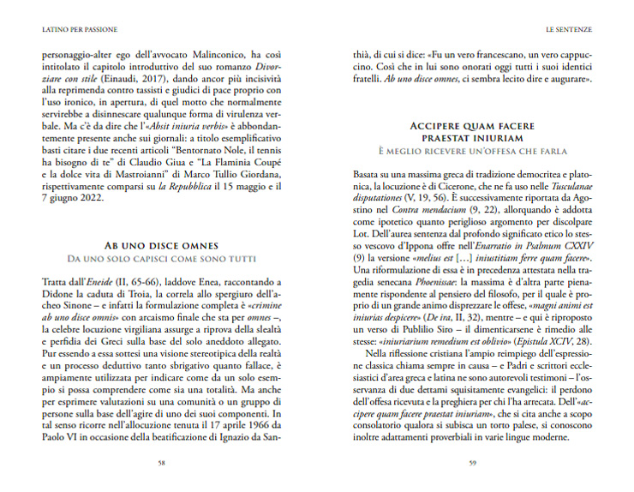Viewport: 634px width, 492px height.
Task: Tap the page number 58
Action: point(162,464)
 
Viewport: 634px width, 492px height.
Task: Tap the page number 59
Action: point(472,464)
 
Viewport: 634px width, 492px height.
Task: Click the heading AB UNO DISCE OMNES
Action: point(162,244)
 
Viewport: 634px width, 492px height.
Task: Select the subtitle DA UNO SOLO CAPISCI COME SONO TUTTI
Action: point(162,258)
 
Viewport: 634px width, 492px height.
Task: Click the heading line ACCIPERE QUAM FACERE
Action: point(472,125)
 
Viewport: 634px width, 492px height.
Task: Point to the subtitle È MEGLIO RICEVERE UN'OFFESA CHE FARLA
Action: point(472,152)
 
